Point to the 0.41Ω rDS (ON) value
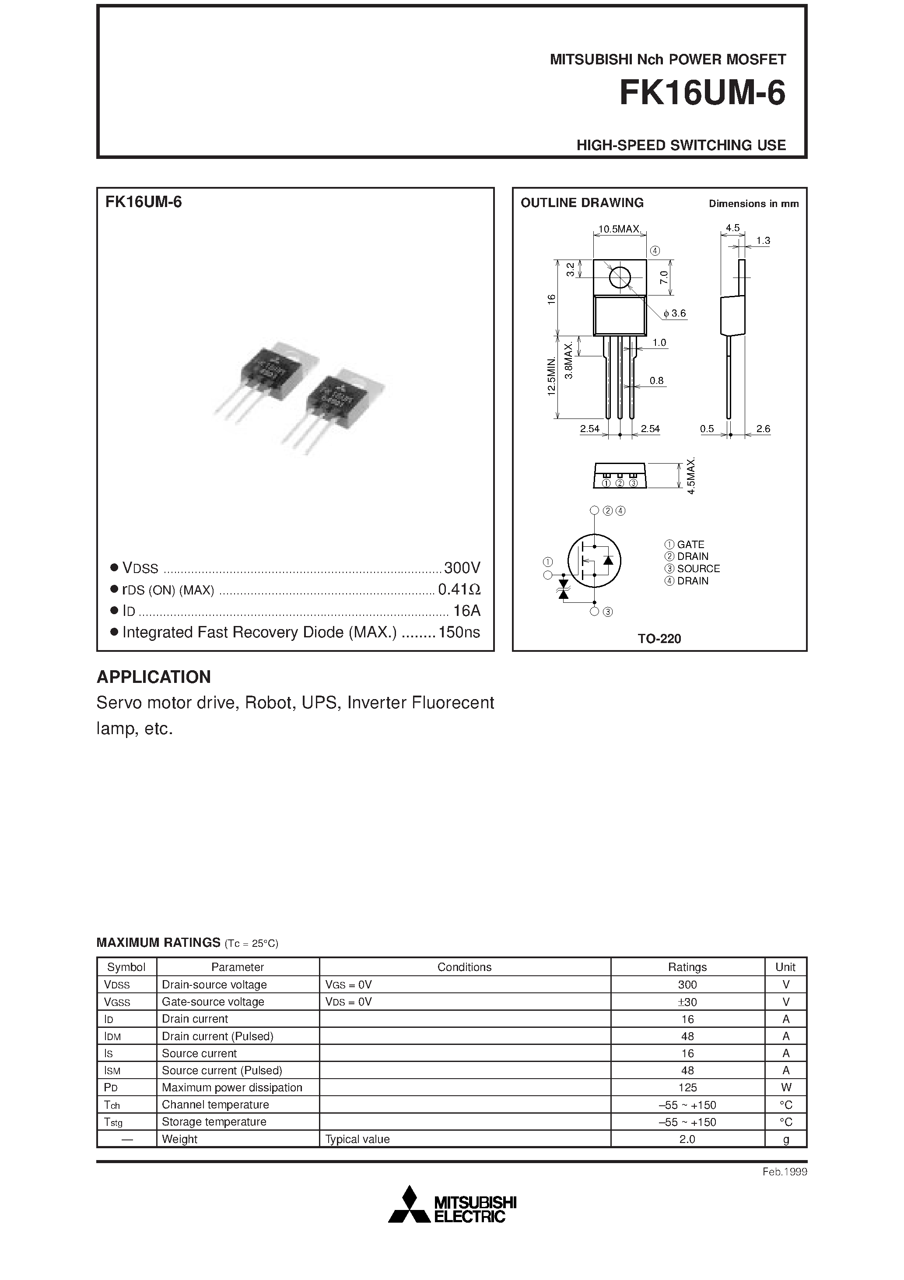pyautogui.click(x=459, y=589)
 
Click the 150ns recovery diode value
pyautogui.click(x=459, y=632)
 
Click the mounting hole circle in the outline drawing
pyautogui.click(x=620, y=277)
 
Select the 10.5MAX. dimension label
pyautogui.click(x=620, y=229)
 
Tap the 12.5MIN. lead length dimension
pyautogui.click(x=552, y=376)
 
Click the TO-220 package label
pyautogui.click(x=659, y=638)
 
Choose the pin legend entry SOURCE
pyautogui.click(x=698, y=569)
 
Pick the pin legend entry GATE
pyautogui.click(x=690, y=544)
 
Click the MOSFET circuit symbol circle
pyautogui.click(x=594, y=560)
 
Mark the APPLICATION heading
pyautogui.click(x=154, y=676)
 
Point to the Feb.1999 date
pyautogui.click(x=785, y=1171)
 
